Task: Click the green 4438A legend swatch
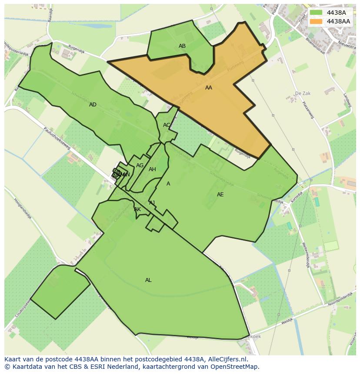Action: pyautogui.click(x=316, y=13)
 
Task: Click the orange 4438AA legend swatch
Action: pyautogui.click(x=316, y=21)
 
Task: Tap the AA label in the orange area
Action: pyautogui.click(x=209, y=88)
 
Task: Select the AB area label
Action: pyautogui.click(x=182, y=46)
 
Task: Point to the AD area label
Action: pyautogui.click(x=93, y=105)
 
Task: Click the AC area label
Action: pyautogui.click(x=167, y=125)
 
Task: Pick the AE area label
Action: pyautogui.click(x=220, y=195)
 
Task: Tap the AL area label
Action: pyautogui.click(x=148, y=280)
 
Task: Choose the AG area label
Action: pyautogui.click(x=140, y=165)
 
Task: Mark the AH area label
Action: pyautogui.click(x=152, y=169)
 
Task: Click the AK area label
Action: pyautogui.click(x=137, y=209)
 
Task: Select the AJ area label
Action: pyautogui.click(x=152, y=203)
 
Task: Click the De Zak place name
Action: pyautogui.click(x=303, y=93)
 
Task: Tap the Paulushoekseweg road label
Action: pyautogui.click(x=56, y=139)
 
